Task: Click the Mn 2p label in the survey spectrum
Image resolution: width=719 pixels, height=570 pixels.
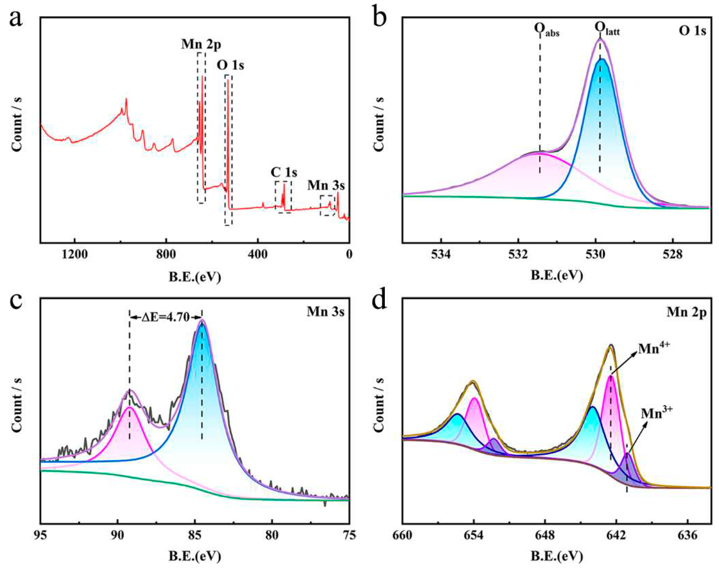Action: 201,44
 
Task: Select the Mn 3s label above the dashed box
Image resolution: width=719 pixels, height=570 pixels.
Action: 326,185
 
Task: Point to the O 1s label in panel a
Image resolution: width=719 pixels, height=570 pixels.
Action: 230,65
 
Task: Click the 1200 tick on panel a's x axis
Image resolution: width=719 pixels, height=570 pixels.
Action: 74,254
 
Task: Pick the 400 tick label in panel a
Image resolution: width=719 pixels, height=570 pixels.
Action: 257,254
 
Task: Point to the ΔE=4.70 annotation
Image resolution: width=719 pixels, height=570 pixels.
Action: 166,317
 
